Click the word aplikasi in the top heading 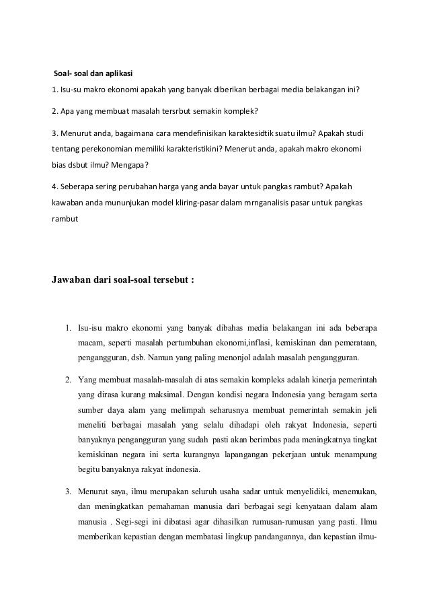pyautogui.click(x=126, y=73)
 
